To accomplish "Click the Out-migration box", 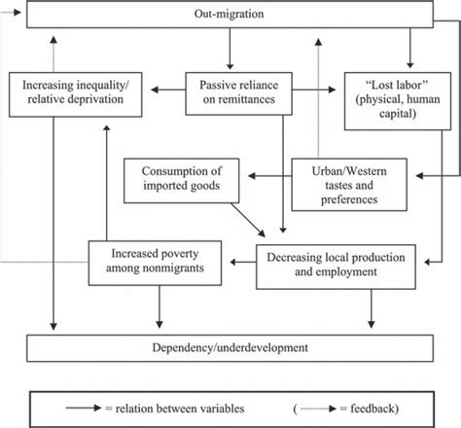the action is pos(230,15).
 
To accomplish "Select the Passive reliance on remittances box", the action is pos(238,93).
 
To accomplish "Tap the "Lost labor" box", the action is pos(398,101).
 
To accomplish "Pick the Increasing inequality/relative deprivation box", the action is pos(76,94).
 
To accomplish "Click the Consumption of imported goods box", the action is pos(182,181).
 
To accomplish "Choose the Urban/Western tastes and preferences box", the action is pos(349,185).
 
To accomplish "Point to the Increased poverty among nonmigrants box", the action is pos(155,263).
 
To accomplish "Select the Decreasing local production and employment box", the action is pos(336,267).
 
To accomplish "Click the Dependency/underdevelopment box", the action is pos(230,348).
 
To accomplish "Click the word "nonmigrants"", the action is pos(155,268).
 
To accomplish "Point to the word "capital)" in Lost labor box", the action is pos(398,114).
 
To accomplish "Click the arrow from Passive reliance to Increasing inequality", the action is pos(168,89).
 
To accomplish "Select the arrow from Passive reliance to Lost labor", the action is pos(314,89).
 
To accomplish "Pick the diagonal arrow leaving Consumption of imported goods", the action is pos(248,220).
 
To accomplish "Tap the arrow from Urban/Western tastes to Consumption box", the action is pos(269,176).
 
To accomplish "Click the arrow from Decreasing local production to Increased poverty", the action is pos(243,262).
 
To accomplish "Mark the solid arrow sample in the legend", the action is pos(84,408).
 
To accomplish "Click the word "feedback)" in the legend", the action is pos(374,409).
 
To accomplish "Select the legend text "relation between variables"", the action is pos(180,409).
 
